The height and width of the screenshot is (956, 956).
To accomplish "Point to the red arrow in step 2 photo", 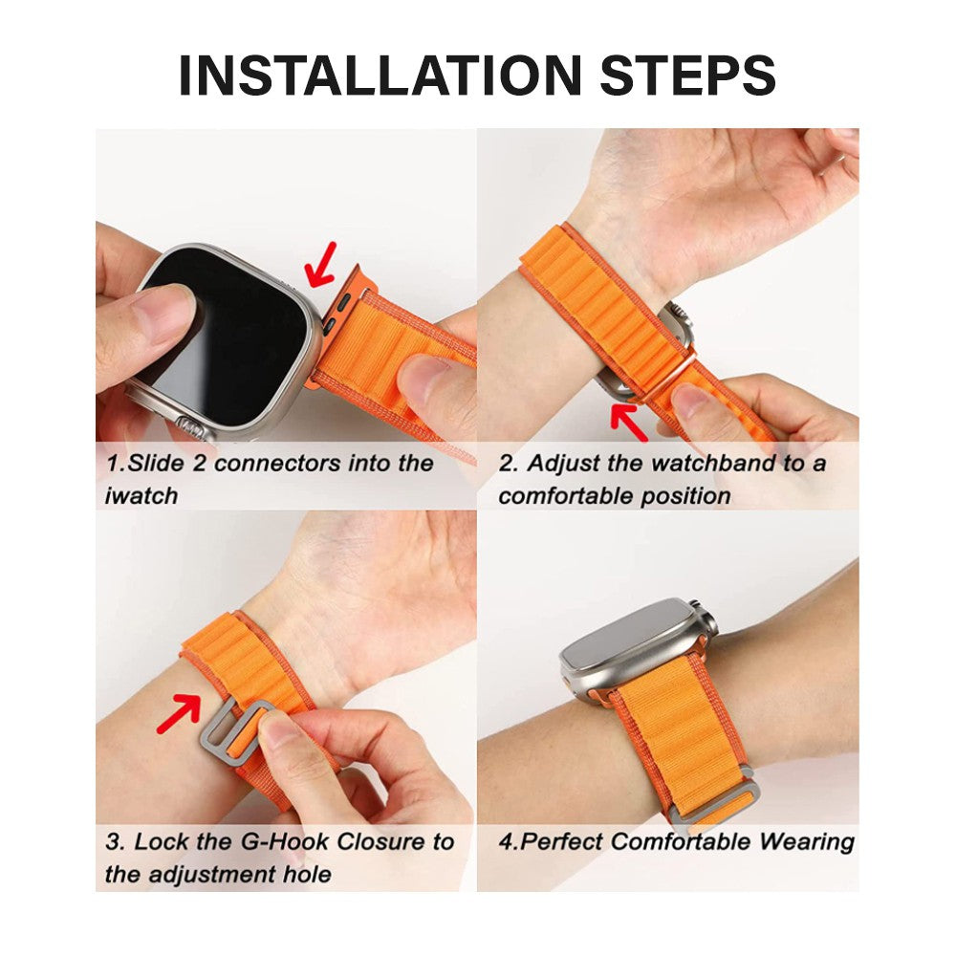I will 630,422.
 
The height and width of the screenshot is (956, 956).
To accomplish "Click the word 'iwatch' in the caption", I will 141,496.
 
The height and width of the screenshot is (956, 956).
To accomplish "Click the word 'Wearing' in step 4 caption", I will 807,842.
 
